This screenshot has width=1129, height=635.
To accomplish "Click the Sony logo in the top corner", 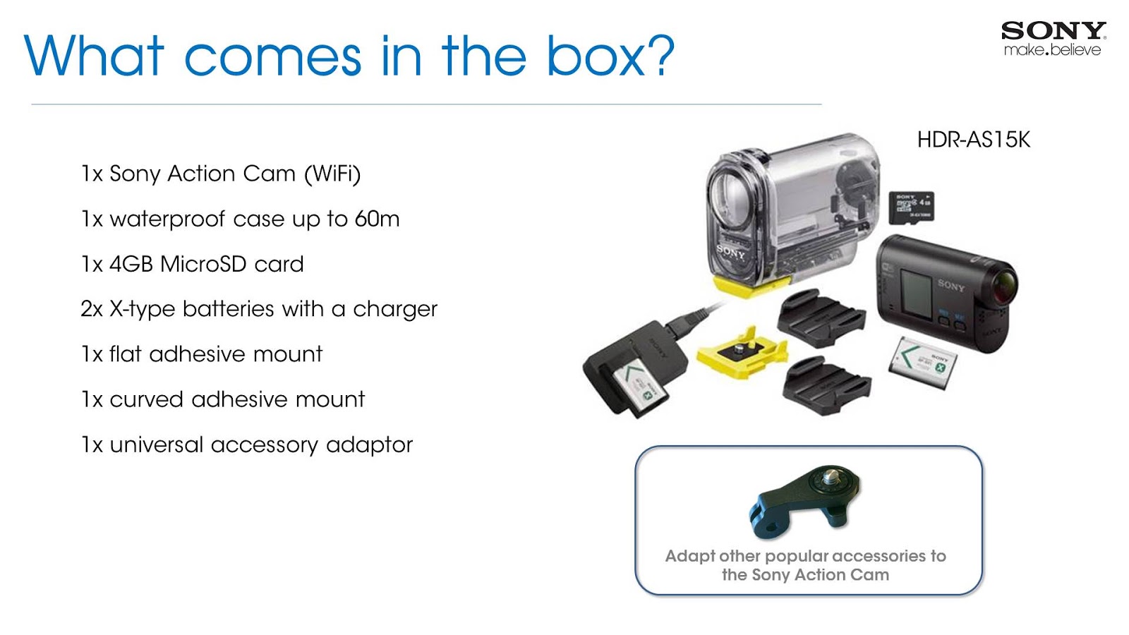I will (x=1053, y=31).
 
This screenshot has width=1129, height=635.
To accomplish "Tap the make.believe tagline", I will (x=1052, y=50).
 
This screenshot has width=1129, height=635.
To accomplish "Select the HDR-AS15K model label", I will (x=973, y=140).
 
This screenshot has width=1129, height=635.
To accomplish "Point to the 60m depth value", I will (x=377, y=219).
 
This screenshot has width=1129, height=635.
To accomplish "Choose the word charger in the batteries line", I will (x=395, y=309).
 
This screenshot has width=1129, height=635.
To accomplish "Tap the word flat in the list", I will (x=126, y=353).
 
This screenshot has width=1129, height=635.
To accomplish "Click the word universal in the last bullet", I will (x=157, y=445).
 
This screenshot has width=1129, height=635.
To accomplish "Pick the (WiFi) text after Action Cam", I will (x=332, y=174).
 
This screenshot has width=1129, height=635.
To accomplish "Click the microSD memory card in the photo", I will (x=912, y=207).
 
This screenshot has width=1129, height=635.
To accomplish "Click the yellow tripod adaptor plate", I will (x=740, y=350).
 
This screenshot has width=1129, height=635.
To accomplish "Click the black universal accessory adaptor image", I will (x=805, y=500).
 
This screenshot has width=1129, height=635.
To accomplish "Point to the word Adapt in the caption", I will (x=689, y=556).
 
